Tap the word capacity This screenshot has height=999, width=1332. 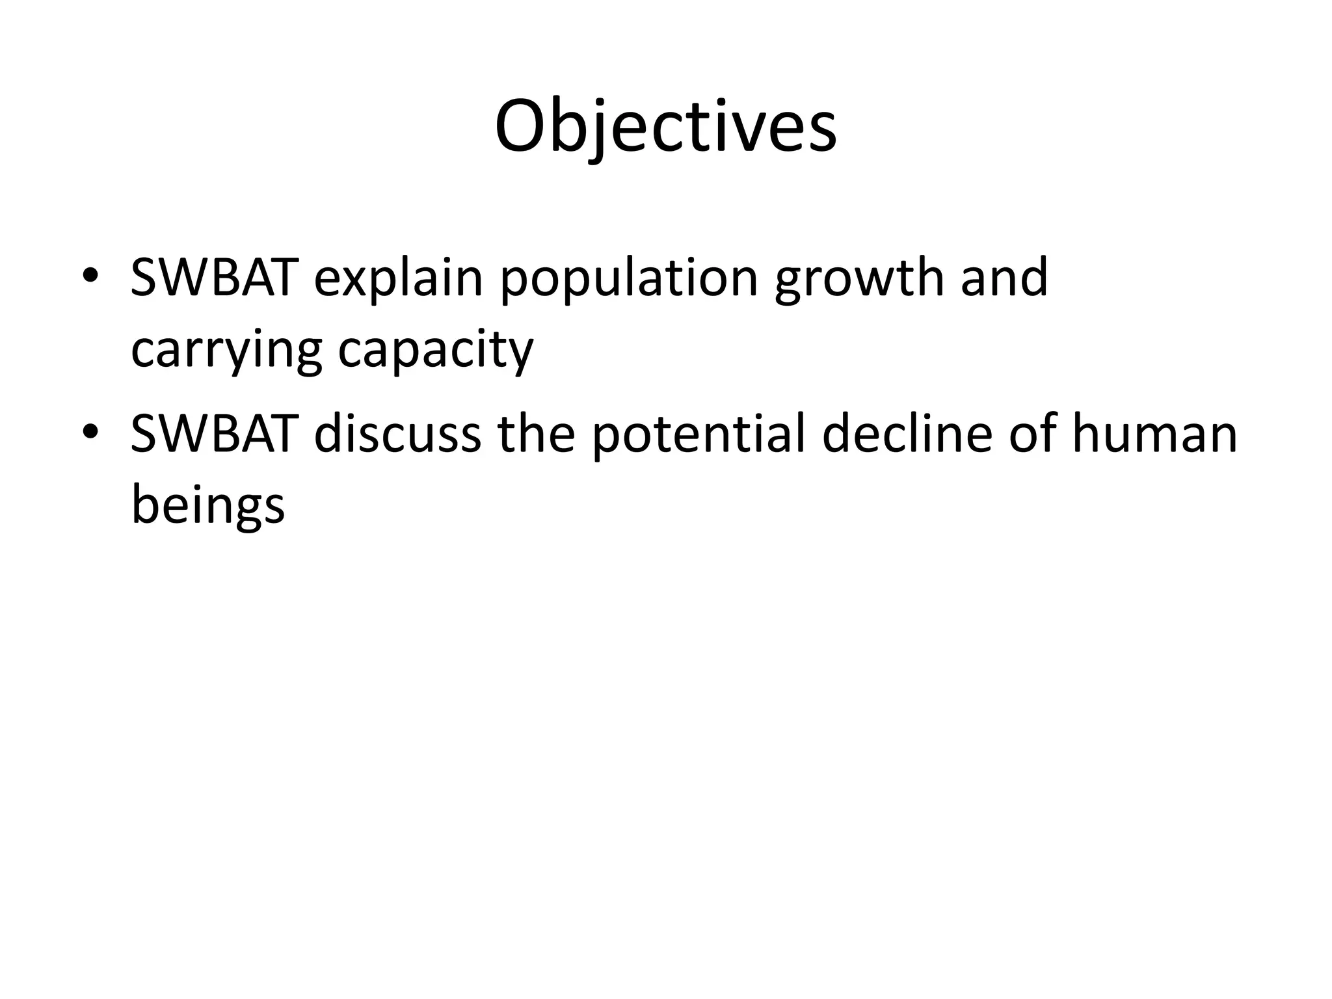click(x=435, y=352)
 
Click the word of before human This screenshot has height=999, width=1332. click(x=1035, y=434)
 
